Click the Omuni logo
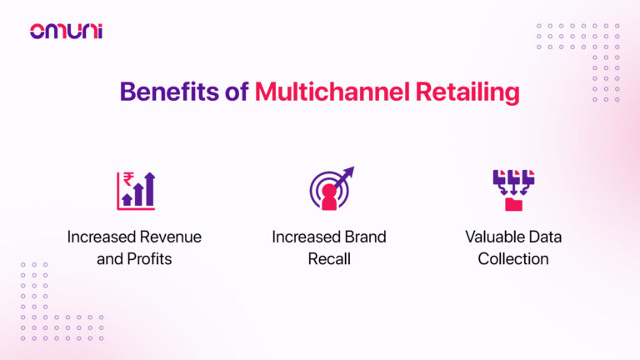pyautogui.click(x=66, y=32)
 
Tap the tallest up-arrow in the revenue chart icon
pyautogui.click(x=149, y=188)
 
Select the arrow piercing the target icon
pyautogui.click(x=342, y=177)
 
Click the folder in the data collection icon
pyautogui.click(x=513, y=202)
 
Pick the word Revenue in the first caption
pyautogui.click(x=170, y=237)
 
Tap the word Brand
pyautogui.click(x=365, y=237)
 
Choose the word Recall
pyautogui.click(x=329, y=259)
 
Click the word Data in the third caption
pyautogui.click(x=545, y=237)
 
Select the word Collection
pyautogui.click(x=513, y=259)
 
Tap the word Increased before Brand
pyautogui.click(x=305, y=237)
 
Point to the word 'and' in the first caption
pyautogui.click(x=109, y=259)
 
